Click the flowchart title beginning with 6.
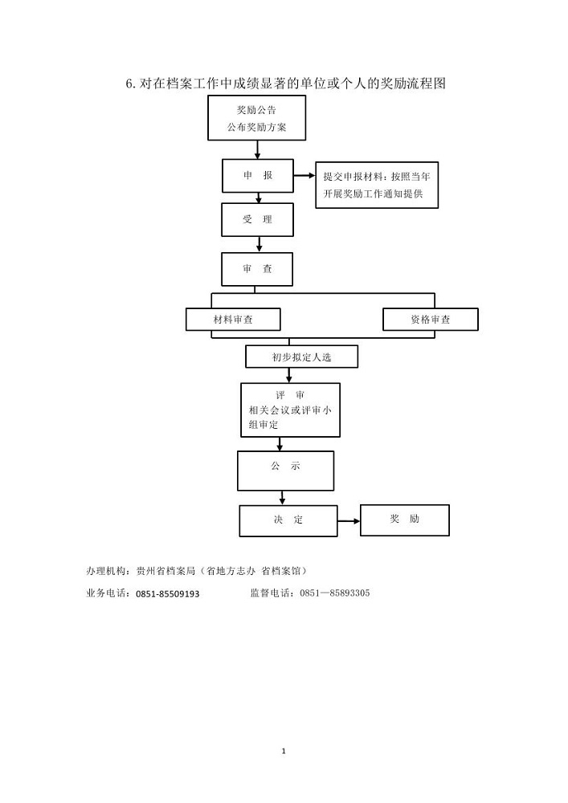click(x=286, y=84)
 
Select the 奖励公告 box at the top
click(x=256, y=118)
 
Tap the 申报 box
click(x=258, y=176)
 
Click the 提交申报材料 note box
click(x=377, y=185)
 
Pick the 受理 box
click(x=258, y=220)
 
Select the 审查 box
click(x=257, y=269)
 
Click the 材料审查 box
click(x=233, y=320)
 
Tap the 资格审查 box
click(x=431, y=320)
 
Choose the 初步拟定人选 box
click(x=301, y=357)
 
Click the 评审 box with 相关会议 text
click(x=290, y=410)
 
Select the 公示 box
click(x=286, y=471)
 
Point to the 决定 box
click(x=288, y=521)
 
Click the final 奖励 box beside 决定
click(x=405, y=520)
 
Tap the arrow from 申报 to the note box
click(x=304, y=176)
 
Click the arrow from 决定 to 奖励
click(x=349, y=521)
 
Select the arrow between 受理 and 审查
click(x=259, y=244)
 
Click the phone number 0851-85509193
click(x=167, y=594)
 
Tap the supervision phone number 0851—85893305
click(x=334, y=593)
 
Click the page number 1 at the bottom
click(x=284, y=752)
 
